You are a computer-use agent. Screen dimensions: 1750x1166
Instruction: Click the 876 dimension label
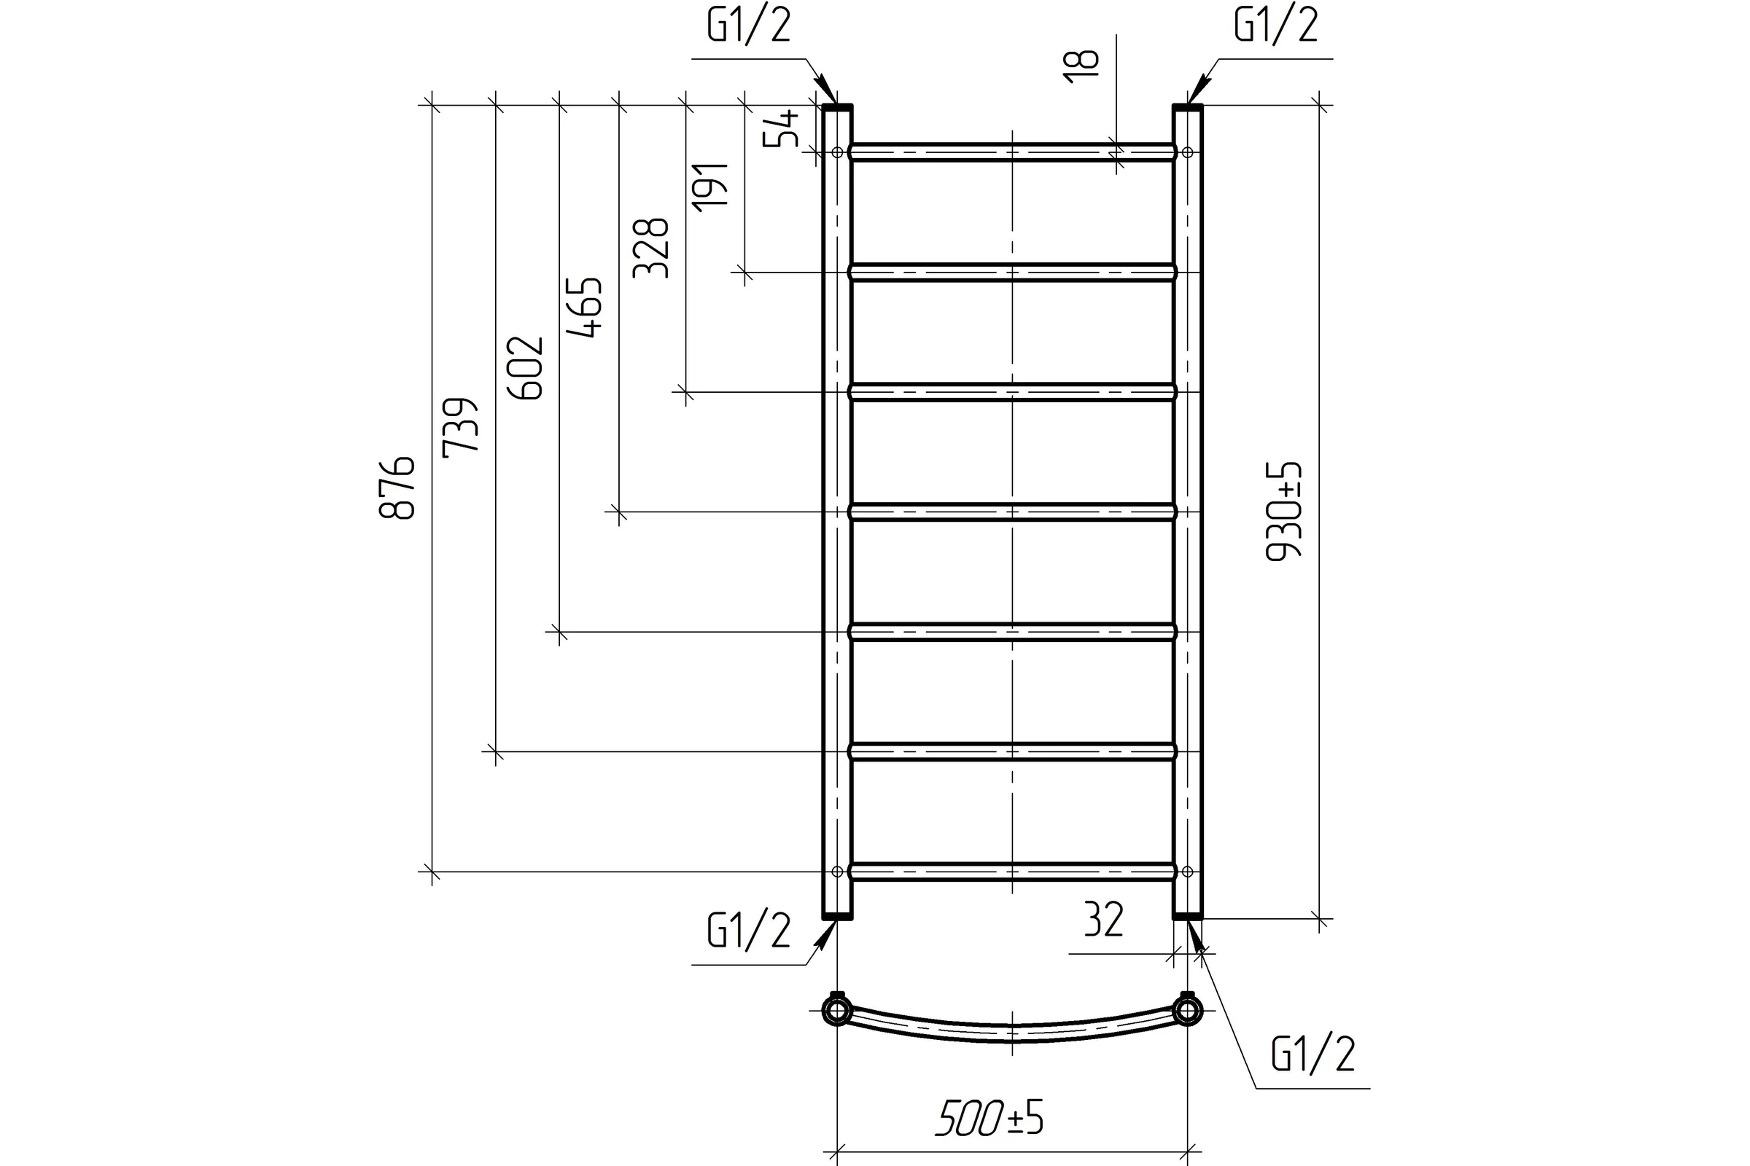pyautogui.click(x=397, y=488)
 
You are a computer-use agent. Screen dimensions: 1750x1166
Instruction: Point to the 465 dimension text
pyautogui.click(x=585, y=308)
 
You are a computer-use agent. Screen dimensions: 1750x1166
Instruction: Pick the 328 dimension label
pyautogui.click(x=651, y=248)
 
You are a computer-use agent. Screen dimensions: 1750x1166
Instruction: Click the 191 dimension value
pyautogui.click(x=709, y=187)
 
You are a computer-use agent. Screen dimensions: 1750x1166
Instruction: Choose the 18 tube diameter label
pyautogui.click(x=1081, y=66)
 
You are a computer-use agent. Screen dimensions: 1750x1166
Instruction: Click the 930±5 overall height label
pyautogui.click(x=1283, y=511)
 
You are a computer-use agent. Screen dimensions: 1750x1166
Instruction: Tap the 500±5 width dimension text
pyautogui.click(x=989, y=1118)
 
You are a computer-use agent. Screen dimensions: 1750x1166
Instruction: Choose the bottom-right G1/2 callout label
pyautogui.click(x=1313, y=1054)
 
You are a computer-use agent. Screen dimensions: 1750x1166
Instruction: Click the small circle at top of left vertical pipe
pyautogui.click(x=837, y=152)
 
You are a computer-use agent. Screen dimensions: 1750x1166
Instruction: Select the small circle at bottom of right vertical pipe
pyautogui.click(x=1188, y=872)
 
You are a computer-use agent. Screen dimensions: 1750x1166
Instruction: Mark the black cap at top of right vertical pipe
pyautogui.click(x=1188, y=108)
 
